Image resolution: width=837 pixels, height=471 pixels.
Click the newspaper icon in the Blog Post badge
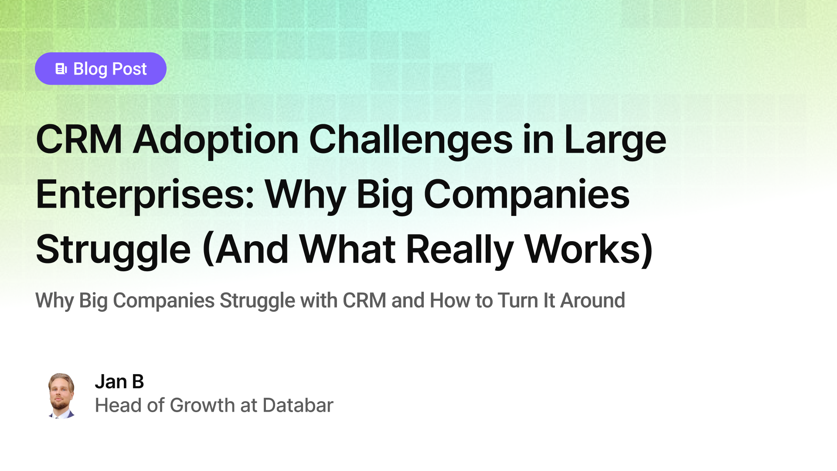[61, 69]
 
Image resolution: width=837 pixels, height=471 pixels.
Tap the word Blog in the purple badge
[90, 69]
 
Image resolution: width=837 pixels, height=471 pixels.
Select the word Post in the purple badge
[129, 69]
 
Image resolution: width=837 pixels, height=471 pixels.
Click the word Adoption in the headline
[216, 140]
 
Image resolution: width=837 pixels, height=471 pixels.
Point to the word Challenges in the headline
[411, 140]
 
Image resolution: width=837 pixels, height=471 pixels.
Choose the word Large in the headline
[615, 140]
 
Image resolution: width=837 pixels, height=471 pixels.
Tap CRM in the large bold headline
[79, 140]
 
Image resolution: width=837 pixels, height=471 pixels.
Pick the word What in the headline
[347, 249]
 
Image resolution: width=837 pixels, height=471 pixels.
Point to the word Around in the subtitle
[592, 300]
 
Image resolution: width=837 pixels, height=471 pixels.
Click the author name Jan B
[119, 382]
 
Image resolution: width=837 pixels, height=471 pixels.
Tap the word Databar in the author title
[298, 406]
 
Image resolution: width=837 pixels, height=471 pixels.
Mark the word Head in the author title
[118, 406]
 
